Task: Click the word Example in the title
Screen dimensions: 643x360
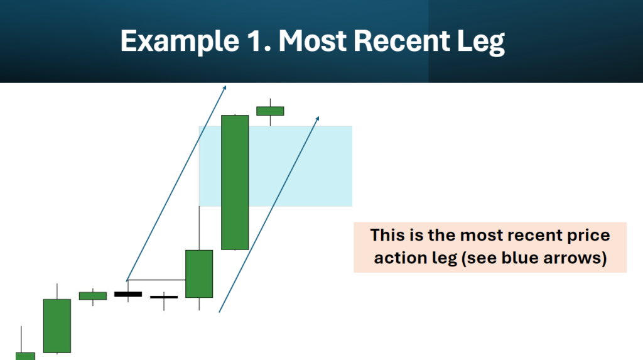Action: pos(180,41)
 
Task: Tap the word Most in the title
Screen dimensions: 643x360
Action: pos(313,41)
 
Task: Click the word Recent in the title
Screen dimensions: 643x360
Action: pos(401,41)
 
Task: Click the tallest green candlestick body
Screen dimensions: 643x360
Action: pos(235,182)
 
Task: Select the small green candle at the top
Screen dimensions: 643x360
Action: pos(270,111)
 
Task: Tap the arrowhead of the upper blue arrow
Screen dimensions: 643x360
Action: pos(224,87)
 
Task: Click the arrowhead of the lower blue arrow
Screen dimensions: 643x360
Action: pos(317,119)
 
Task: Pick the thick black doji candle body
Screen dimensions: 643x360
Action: pos(128,294)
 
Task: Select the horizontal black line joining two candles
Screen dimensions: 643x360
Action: pos(156,280)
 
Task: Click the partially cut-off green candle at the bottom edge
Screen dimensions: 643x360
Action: pos(25,356)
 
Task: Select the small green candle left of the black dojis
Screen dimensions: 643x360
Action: pos(93,296)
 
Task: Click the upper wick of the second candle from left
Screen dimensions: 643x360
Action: pos(57,292)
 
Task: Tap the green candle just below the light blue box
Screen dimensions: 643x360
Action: pos(199,274)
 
